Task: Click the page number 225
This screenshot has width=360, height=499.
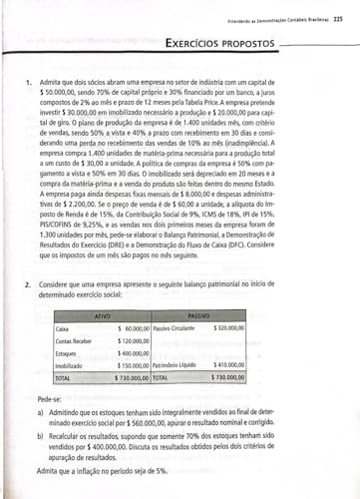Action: click(x=338, y=18)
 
